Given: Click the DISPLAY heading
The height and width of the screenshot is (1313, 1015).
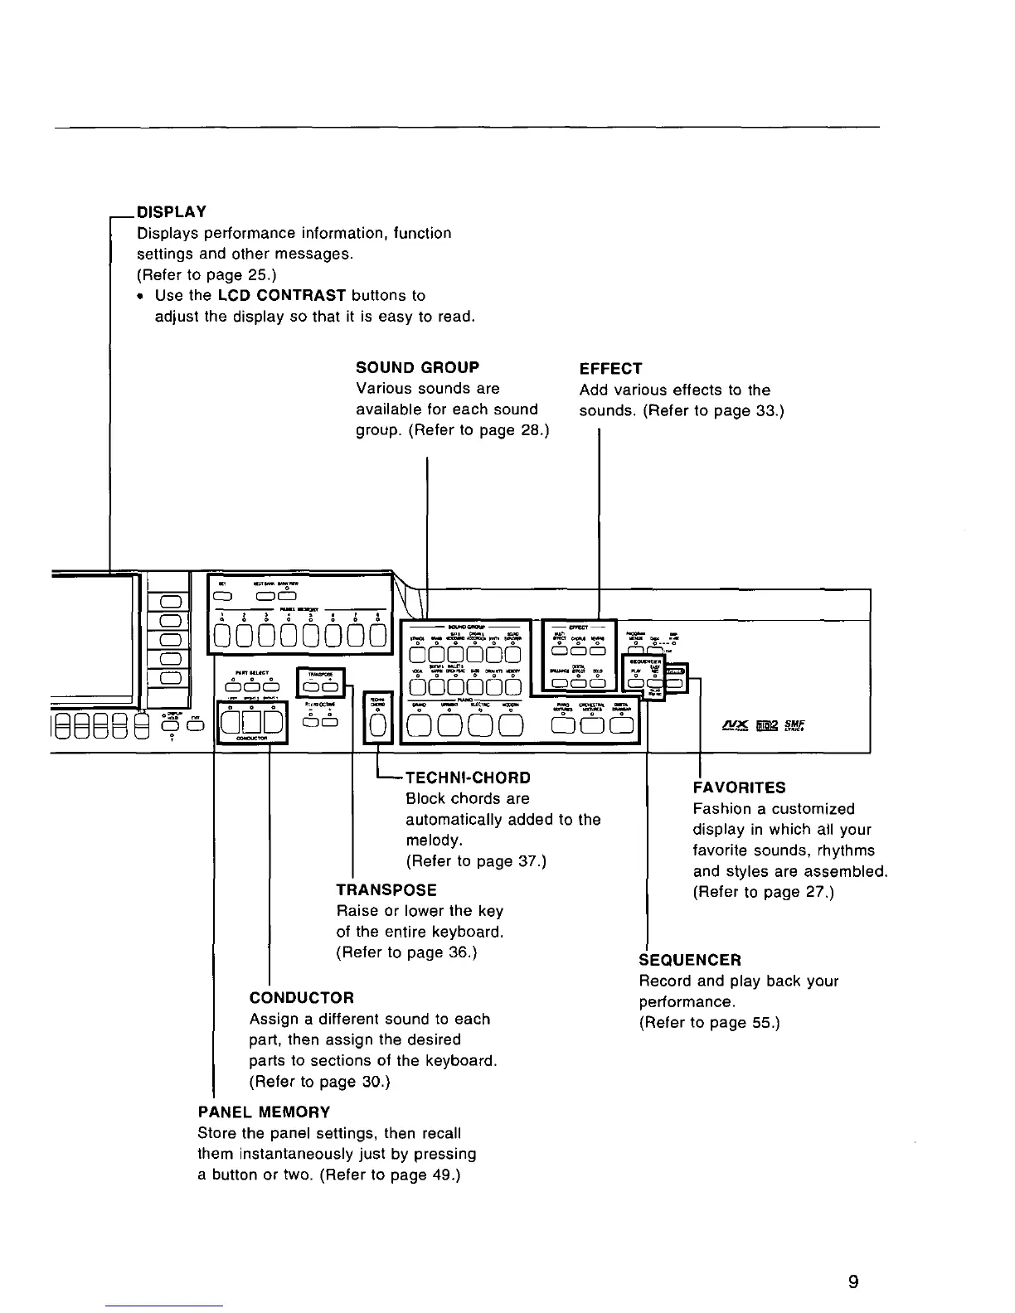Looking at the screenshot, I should (171, 212).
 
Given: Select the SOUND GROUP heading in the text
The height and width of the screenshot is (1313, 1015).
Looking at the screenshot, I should (417, 367).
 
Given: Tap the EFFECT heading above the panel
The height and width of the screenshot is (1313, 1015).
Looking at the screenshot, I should (610, 369).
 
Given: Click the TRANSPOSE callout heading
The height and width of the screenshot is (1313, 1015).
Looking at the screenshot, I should (386, 889).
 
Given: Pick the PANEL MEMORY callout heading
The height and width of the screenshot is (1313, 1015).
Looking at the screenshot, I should (264, 1112).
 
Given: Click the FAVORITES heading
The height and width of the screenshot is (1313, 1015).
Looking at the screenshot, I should (739, 787).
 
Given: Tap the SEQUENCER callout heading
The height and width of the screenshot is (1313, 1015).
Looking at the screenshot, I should (690, 960).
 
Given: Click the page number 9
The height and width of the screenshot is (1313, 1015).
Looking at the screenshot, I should (853, 1282).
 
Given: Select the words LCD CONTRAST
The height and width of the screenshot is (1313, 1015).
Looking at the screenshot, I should (282, 296).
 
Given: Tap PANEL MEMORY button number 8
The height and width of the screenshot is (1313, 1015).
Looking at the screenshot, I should (378, 636).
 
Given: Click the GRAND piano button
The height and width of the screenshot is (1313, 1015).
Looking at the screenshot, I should (420, 725).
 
